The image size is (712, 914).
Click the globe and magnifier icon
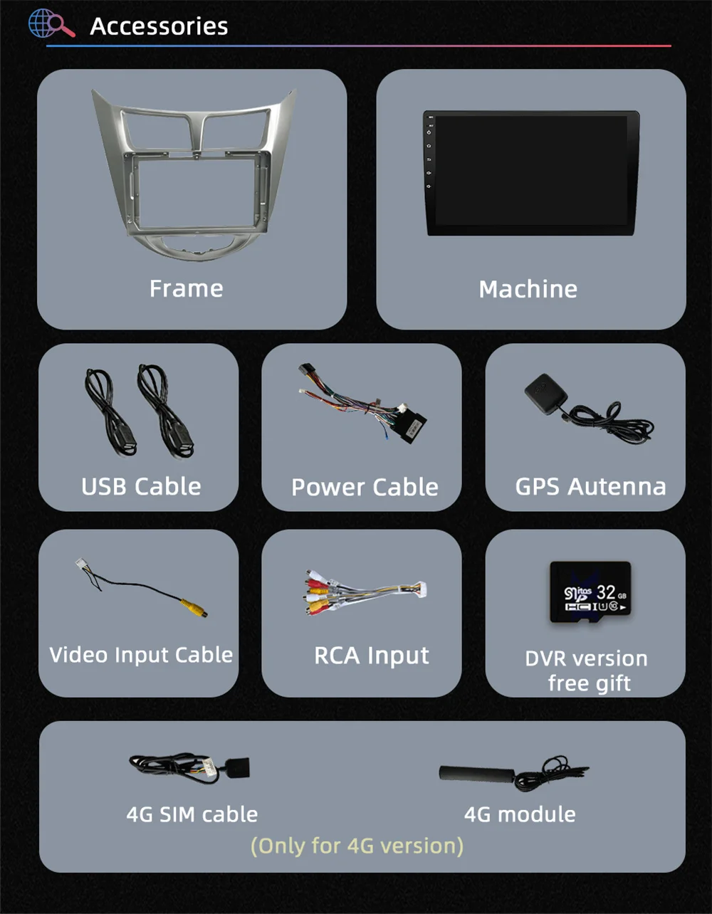(51, 24)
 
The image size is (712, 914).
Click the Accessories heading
(159, 26)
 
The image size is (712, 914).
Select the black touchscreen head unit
(530, 172)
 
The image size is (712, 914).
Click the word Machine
(528, 289)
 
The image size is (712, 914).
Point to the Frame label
(186, 288)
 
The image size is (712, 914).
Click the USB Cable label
(141, 486)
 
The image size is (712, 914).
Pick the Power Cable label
(365, 487)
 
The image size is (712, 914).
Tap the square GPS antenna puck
(544, 392)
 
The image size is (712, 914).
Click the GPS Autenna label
(590, 486)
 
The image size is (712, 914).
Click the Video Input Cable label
(141, 655)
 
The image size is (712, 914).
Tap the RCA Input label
(372, 656)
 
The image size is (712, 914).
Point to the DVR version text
(586, 658)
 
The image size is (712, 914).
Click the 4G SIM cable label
(192, 814)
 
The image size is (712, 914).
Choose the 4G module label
(520, 814)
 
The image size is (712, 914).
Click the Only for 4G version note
(357, 846)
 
